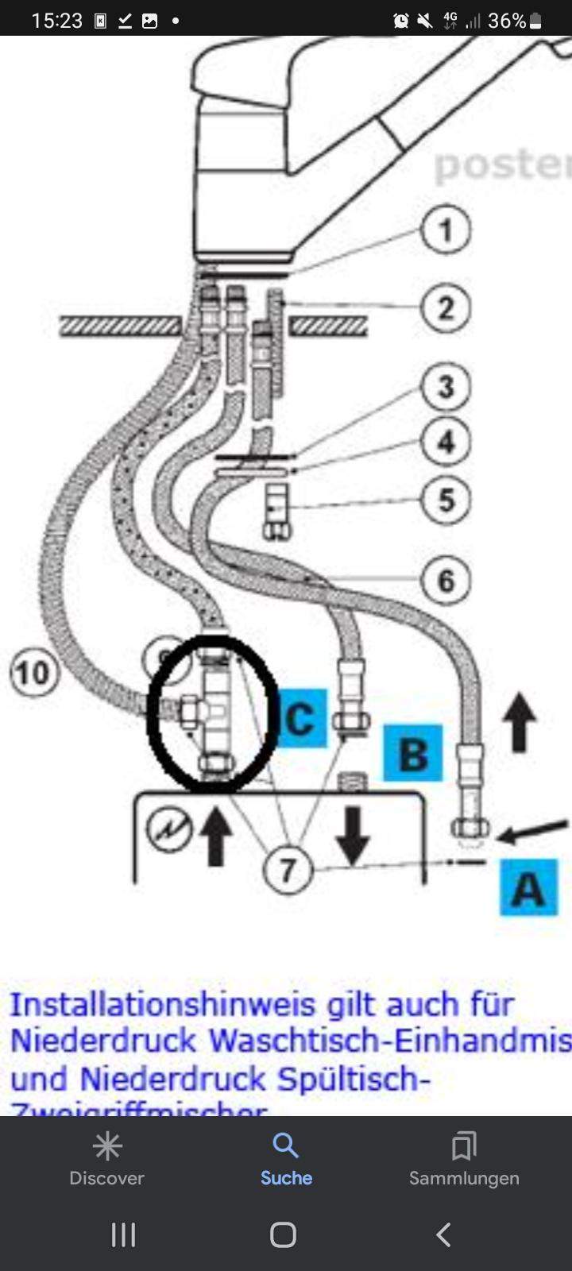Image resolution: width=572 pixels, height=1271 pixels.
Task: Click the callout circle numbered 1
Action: click(x=446, y=230)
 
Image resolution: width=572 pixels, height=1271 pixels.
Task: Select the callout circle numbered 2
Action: click(x=446, y=308)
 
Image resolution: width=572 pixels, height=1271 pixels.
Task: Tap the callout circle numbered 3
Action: click(x=446, y=387)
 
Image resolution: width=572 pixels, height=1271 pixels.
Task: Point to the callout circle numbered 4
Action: click(x=446, y=442)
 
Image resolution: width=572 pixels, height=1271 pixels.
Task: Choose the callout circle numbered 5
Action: click(x=446, y=500)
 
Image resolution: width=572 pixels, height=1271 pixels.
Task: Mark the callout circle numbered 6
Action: click(x=446, y=581)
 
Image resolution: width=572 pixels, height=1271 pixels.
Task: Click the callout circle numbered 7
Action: click(x=287, y=870)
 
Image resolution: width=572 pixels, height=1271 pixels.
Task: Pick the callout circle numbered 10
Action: click(x=32, y=674)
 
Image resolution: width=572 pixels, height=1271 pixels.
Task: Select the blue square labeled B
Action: click(x=412, y=753)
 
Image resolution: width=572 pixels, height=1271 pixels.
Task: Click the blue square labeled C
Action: click(x=300, y=718)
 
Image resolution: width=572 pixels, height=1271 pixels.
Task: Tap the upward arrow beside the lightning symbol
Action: click(x=215, y=836)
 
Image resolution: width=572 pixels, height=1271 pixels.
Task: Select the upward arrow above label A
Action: click(x=520, y=722)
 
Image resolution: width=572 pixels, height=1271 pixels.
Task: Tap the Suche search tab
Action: click(x=286, y=1159)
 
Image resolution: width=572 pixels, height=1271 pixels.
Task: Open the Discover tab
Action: click(x=106, y=1159)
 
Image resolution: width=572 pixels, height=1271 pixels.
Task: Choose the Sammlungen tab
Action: click(x=464, y=1159)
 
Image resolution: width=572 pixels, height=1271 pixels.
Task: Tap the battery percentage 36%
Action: click(x=507, y=21)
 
